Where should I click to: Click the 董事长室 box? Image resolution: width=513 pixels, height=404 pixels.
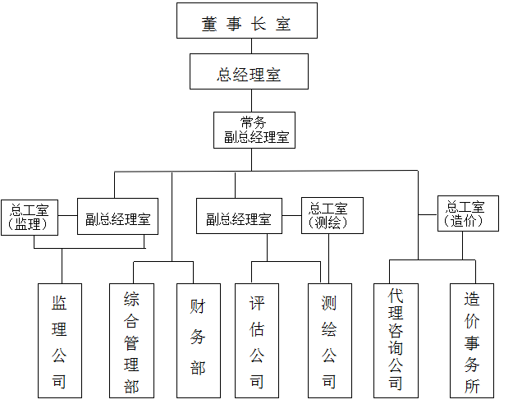pos(246,21)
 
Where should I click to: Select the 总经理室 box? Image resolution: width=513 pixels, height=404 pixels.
pos(249,71)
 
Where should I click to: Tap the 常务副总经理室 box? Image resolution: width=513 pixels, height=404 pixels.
pos(254,130)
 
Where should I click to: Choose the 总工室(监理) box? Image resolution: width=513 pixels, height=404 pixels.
pos(30,217)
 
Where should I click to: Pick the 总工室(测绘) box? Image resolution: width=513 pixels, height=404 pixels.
pos(331,215)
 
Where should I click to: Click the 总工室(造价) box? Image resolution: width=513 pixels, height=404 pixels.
pos(468,213)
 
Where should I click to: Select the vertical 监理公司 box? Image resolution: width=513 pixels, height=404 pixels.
pos(59,341)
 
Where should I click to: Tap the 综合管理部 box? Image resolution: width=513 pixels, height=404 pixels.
pos(131,341)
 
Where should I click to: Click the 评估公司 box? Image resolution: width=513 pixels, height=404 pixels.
pos(257,341)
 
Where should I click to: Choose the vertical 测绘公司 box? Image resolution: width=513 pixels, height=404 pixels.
pos(329,341)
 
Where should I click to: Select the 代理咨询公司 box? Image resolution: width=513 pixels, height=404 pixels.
pos(396,341)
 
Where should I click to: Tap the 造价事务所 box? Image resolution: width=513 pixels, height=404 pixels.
pos(472,341)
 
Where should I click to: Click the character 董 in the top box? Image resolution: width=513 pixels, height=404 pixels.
pos(209,25)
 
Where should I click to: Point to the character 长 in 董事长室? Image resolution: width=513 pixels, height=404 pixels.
pos(259,25)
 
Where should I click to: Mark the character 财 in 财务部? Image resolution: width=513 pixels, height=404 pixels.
pos(198,307)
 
